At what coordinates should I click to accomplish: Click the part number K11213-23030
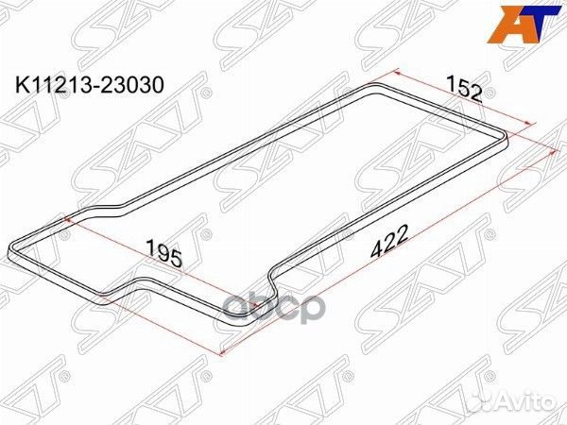(88, 84)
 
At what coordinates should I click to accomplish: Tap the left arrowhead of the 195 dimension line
(64, 217)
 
